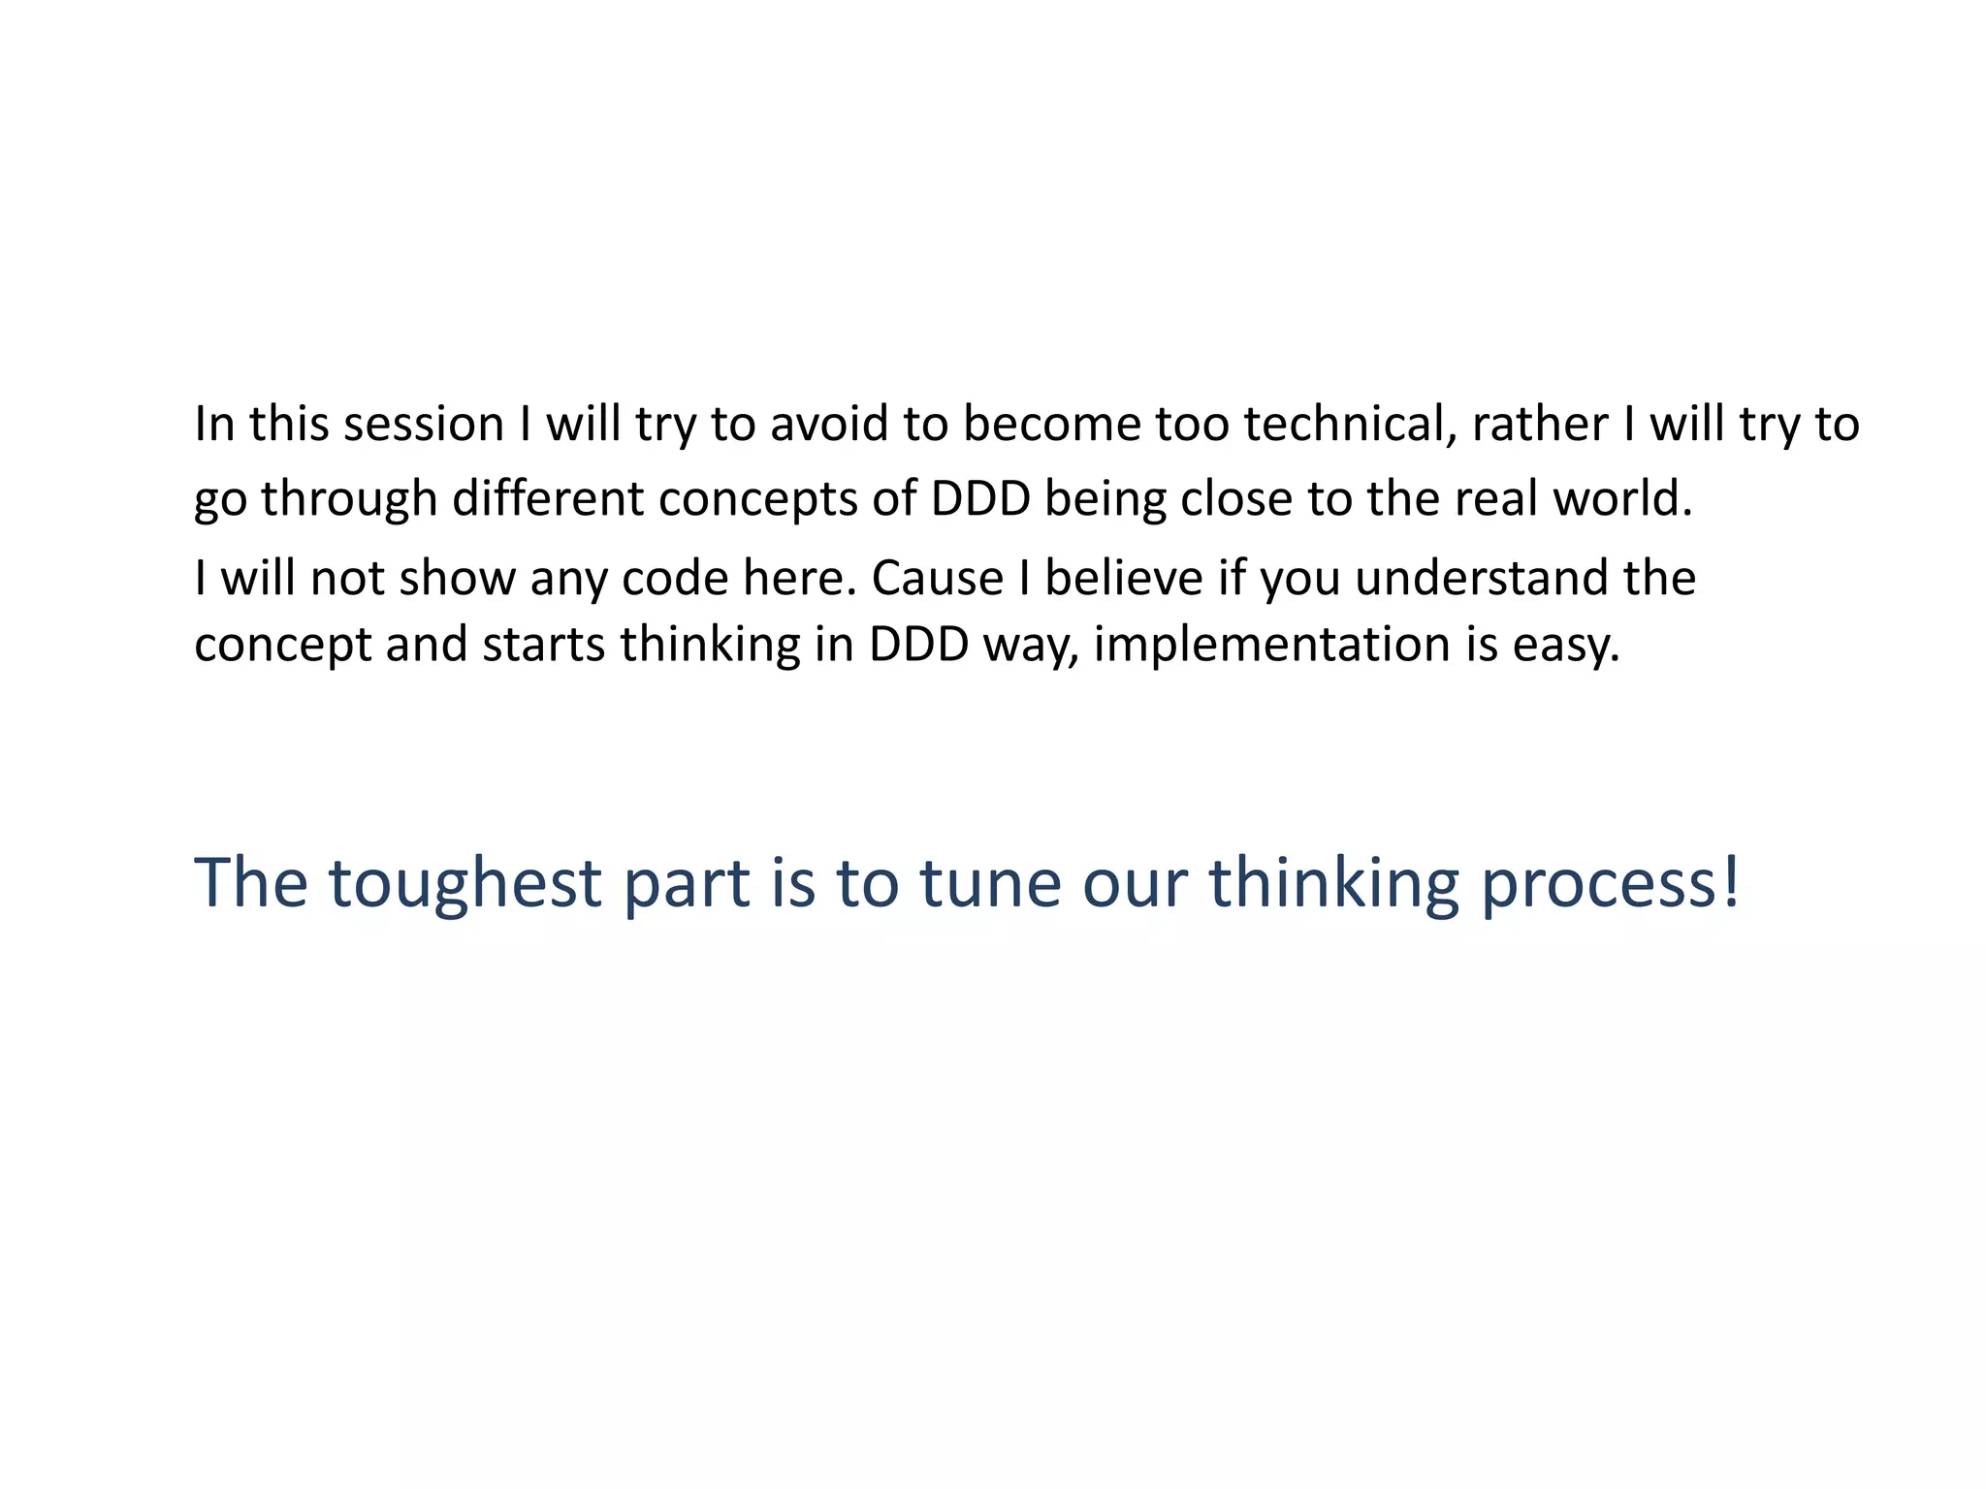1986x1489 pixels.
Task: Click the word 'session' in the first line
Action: [424, 425]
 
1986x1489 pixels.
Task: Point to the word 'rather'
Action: [1540, 425]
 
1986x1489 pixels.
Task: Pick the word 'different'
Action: [548, 498]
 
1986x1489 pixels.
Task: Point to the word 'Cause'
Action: [937, 578]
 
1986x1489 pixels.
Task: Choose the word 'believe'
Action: [1123, 578]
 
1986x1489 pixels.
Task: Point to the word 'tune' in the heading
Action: [989, 883]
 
